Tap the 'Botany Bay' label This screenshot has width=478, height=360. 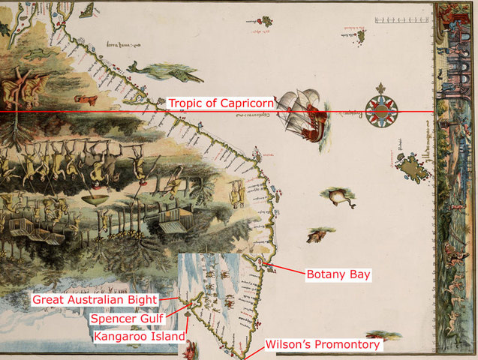click(x=338, y=274)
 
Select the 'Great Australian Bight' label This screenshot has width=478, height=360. click(x=95, y=300)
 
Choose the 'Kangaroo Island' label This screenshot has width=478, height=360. click(x=139, y=337)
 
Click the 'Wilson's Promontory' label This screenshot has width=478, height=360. click(x=323, y=345)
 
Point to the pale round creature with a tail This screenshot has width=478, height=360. click(x=338, y=197)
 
